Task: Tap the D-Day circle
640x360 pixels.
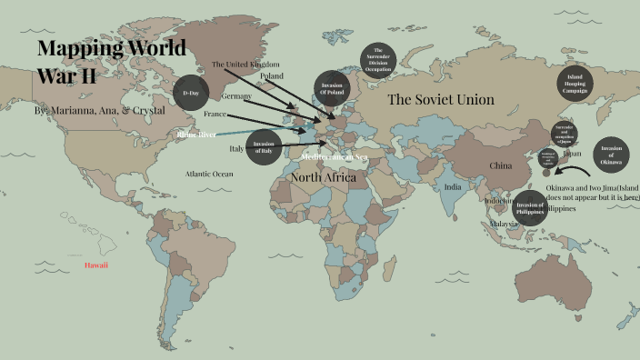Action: (191, 92)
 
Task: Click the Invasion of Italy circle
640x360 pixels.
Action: (264, 147)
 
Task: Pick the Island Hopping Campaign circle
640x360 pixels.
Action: (575, 84)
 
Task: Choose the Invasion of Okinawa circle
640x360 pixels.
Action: (609, 155)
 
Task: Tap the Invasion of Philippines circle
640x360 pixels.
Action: (530, 208)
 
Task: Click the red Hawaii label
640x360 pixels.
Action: (96, 265)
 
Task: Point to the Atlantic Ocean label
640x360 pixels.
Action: (209, 173)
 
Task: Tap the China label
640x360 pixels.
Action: (501, 166)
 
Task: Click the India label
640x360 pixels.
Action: (452, 186)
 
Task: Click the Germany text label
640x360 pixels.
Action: (236, 96)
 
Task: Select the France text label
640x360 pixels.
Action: (215, 115)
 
